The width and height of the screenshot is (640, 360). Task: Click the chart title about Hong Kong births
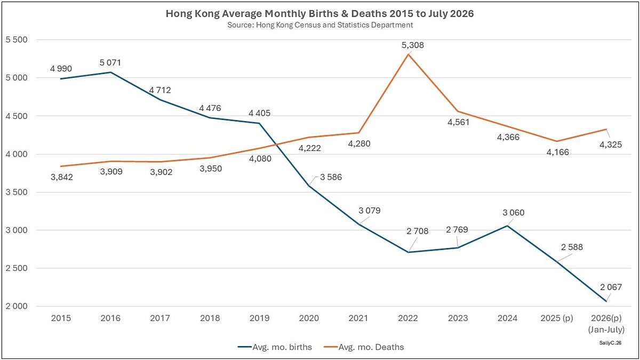click(x=319, y=13)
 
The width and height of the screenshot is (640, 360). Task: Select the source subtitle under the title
click(x=320, y=25)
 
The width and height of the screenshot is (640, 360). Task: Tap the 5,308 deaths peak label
click(x=413, y=45)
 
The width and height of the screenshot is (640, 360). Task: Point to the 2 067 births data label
click(x=611, y=287)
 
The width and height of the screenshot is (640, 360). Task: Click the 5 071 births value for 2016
click(x=110, y=62)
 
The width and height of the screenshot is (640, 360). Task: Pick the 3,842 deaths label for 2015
click(x=62, y=177)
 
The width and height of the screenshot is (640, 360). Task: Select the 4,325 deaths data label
click(x=611, y=145)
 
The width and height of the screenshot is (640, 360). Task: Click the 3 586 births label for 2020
click(x=331, y=177)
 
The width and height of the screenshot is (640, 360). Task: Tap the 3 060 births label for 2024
click(x=514, y=213)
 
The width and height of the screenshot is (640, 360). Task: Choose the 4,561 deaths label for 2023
click(x=459, y=122)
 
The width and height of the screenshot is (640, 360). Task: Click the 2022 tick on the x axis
click(x=408, y=318)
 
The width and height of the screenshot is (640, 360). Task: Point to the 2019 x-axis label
click(x=259, y=318)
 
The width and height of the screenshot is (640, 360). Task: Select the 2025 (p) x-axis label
click(x=557, y=318)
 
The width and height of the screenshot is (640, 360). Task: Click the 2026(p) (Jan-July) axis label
click(x=606, y=324)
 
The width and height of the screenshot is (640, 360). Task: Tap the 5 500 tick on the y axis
click(x=17, y=39)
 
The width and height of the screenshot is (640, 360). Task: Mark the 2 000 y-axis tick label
click(x=17, y=306)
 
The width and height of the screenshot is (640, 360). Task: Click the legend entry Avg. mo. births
click(x=275, y=347)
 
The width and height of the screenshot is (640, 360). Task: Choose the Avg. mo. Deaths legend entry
click(x=364, y=347)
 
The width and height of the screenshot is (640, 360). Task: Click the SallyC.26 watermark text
click(x=610, y=343)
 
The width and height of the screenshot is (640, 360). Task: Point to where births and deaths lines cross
click(x=277, y=145)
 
